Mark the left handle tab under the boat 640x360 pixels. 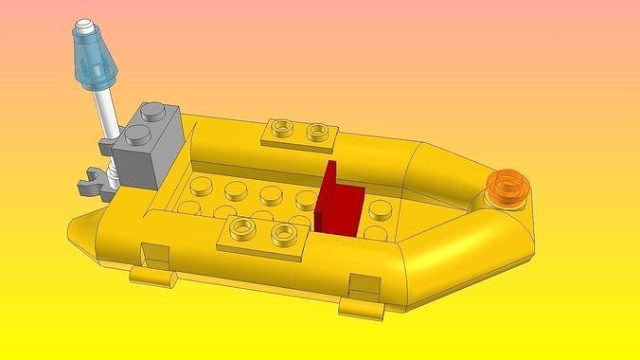153,276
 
